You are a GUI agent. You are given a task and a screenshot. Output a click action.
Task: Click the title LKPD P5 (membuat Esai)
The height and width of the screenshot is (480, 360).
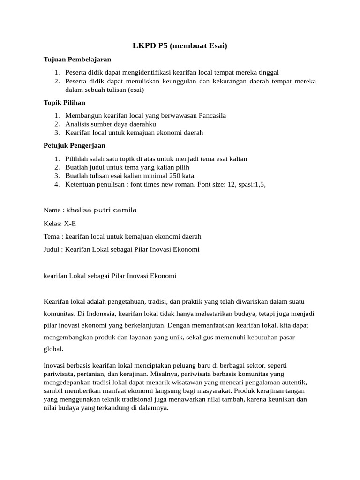coord(180,46)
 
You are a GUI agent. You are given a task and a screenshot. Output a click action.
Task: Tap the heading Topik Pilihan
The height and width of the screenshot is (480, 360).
coord(64,102)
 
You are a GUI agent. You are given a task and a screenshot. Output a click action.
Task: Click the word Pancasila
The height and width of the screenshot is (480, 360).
coord(212,115)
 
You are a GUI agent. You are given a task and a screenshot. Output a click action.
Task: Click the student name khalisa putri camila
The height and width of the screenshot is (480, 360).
coord(102,210)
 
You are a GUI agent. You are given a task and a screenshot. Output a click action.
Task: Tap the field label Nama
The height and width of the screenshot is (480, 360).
coord(52,210)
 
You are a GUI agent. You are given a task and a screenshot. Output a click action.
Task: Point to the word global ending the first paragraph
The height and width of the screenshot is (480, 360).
coord(52,349)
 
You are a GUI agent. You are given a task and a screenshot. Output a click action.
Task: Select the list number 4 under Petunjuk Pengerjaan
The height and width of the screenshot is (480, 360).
coord(56,184)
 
